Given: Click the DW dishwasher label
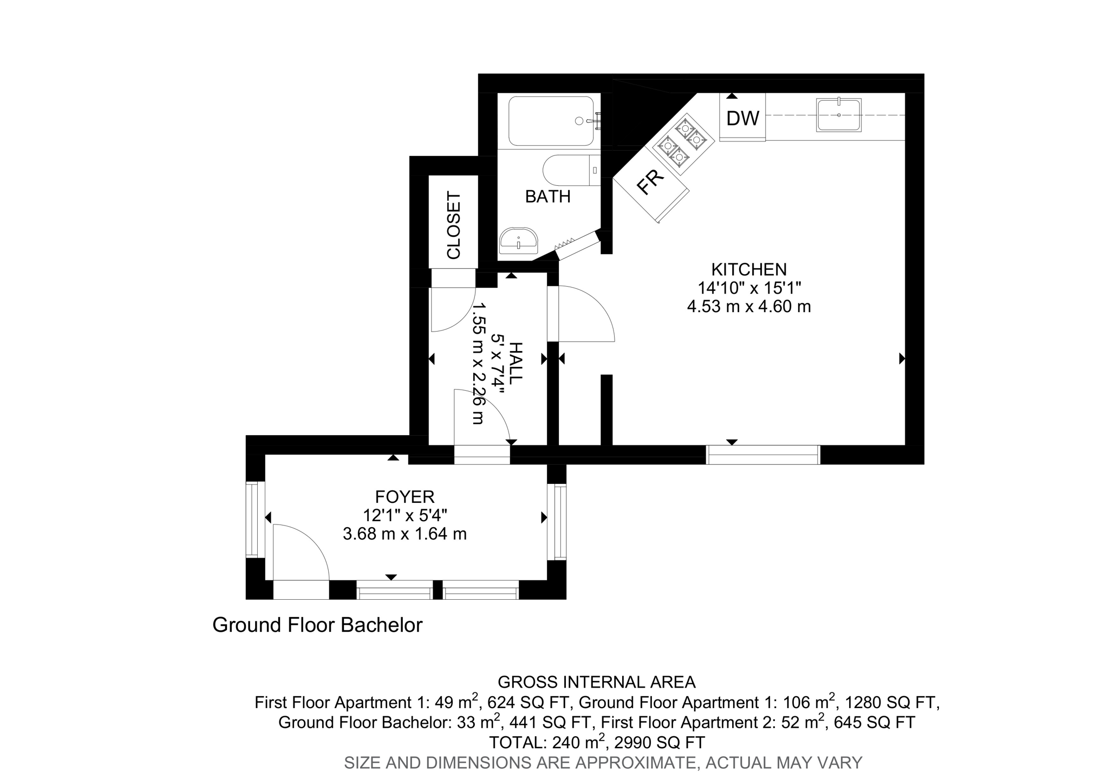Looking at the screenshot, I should [x=742, y=118].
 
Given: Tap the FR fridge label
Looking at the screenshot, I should [x=650, y=182].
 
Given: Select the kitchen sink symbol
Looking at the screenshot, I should [x=838, y=115].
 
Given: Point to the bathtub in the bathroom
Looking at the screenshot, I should [x=551, y=121].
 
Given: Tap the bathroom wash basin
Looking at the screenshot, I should [x=518, y=241].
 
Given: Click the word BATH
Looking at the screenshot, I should [x=547, y=197].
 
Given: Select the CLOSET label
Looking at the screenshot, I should [x=453, y=225].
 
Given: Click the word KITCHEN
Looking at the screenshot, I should [x=748, y=269].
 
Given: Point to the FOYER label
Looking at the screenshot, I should [x=405, y=497].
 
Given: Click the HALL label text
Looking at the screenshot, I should [x=516, y=364].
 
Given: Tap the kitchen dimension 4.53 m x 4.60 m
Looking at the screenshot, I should [x=748, y=307].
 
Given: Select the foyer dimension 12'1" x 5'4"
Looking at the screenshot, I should [x=405, y=515].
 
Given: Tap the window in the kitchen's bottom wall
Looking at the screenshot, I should [x=763, y=455].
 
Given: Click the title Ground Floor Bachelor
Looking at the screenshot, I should [x=317, y=625].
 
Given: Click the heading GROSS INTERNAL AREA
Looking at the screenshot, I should [x=596, y=682].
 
